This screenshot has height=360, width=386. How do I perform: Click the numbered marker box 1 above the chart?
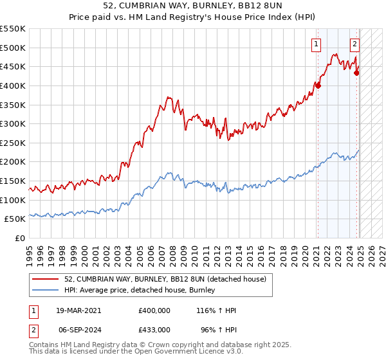click(x=317, y=44)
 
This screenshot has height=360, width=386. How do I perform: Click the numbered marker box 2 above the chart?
click(x=354, y=44)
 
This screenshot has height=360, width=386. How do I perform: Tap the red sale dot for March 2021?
click(x=318, y=85)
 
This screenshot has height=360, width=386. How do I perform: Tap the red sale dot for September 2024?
click(x=357, y=73)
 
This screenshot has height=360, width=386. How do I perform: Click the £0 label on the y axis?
click(x=19, y=238)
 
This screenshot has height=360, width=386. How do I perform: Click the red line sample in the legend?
click(x=44, y=279)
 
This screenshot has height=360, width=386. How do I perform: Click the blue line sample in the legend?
click(x=44, y=291)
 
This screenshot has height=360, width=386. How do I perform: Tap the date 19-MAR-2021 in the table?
click(x=79, y=310)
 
